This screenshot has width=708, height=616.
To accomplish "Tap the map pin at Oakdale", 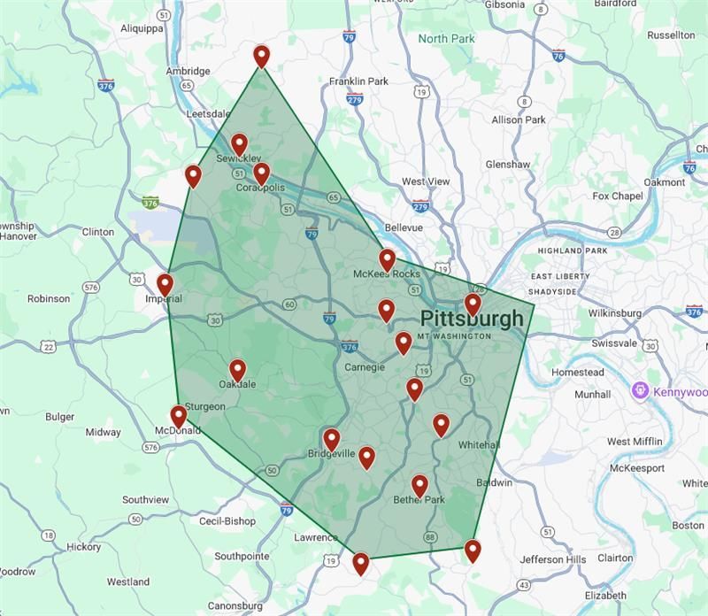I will [x=237, y=370].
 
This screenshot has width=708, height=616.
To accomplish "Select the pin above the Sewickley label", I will [x=239, y=144].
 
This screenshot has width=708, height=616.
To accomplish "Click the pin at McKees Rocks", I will [x=387, y=259].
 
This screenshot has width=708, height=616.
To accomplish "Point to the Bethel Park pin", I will [x=419, y=485].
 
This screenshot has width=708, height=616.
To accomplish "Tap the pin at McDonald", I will [x=178, y=416].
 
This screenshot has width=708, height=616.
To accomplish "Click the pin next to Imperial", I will [x=165, y=284].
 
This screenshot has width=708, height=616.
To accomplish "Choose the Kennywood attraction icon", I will [x=640, y=391].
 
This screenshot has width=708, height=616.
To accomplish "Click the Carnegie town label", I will [x=364, y=367].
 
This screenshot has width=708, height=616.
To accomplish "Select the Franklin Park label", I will [x=358, y=81].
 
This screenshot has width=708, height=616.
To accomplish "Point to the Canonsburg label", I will [x=235, y=606].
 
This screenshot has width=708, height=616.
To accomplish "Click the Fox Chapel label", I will [x=617, y=196].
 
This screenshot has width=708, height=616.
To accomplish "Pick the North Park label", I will [x=447, y=39].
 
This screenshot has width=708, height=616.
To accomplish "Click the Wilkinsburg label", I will [x=614, y=313].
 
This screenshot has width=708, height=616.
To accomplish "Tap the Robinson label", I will [x=49, y=299].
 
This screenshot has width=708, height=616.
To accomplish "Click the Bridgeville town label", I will [x=331, y=454].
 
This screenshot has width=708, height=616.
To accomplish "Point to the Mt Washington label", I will [x=453, y=337].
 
